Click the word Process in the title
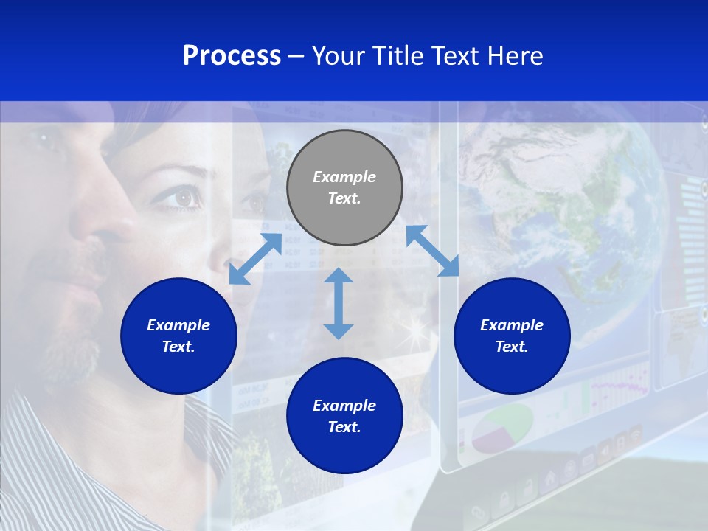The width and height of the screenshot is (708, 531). pos(232,56)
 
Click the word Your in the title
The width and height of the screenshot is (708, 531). pos(339,56)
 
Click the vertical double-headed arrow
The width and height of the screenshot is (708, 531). pos(339,303)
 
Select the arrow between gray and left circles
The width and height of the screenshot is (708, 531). pos(255,259)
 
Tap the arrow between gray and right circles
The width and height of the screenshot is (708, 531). pos(433,251)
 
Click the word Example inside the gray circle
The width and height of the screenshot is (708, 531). pos(344,177)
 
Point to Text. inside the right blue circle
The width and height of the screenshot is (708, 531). pos(512,347)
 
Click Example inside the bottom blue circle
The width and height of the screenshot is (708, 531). pos(344,406)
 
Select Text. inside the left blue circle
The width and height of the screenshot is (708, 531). pos(178,347)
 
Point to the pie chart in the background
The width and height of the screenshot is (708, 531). pos(502,428)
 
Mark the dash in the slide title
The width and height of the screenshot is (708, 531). pos(296,57)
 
